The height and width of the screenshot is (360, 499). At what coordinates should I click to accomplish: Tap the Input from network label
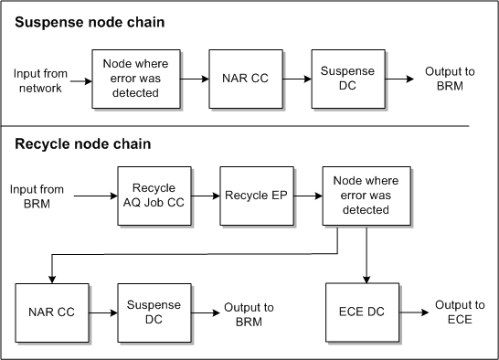(38, 80)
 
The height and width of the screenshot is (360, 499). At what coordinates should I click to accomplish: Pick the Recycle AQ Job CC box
(154, 196)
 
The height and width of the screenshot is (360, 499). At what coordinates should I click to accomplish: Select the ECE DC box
(362, 312)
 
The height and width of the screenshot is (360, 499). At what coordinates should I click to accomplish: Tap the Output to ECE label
(460, 312)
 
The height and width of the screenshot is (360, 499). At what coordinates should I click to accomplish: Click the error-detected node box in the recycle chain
(358, 196)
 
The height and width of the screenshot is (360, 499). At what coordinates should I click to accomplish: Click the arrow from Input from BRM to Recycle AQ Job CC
(95, 196)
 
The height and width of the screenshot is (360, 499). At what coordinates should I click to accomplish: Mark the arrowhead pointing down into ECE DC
(366, 278)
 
